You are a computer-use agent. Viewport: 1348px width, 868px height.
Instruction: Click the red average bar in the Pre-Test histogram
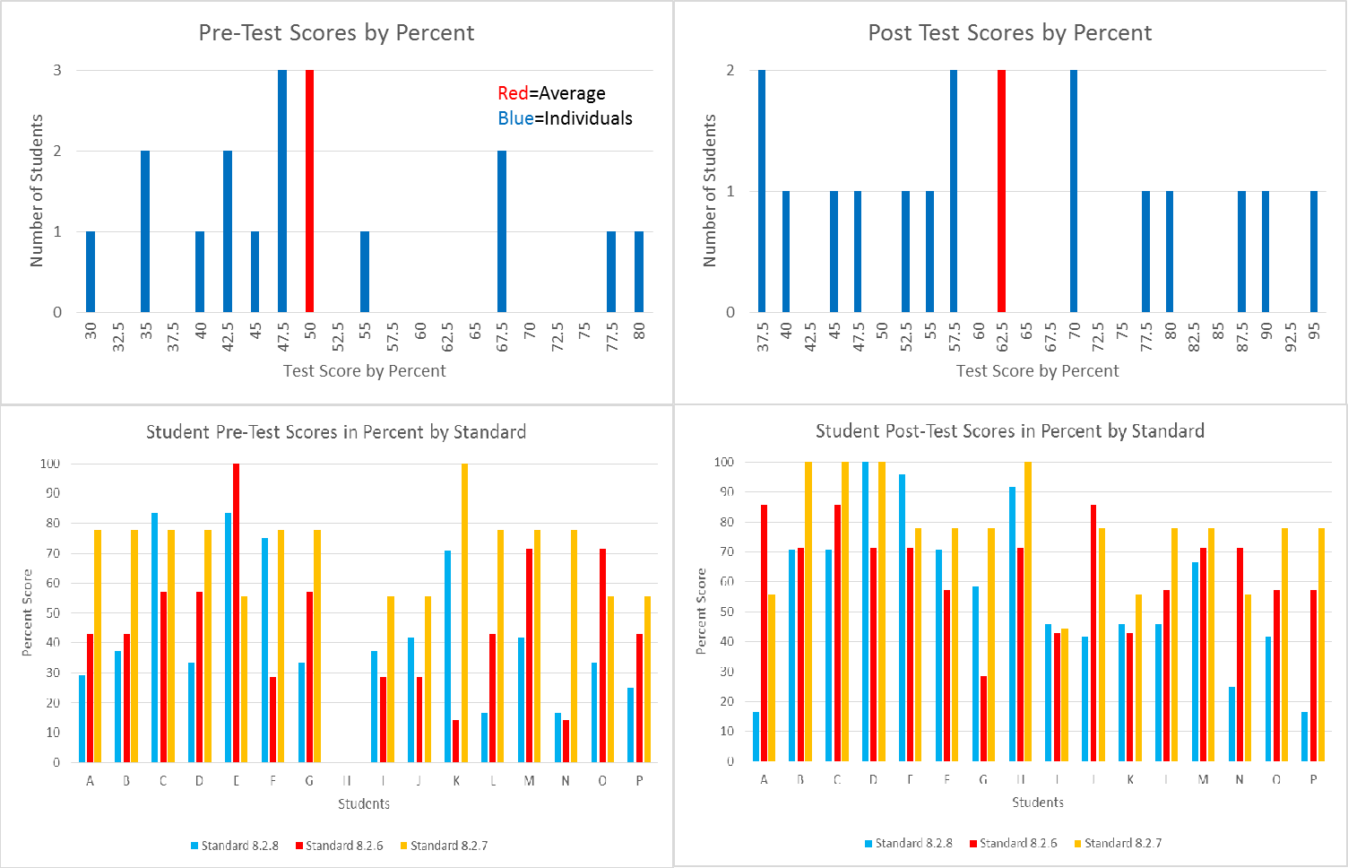click(x=309, y=191)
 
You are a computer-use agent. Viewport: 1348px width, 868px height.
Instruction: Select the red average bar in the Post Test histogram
click(x=1001, y=191)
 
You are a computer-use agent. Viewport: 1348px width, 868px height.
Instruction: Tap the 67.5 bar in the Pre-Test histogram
click(x=502, y=231)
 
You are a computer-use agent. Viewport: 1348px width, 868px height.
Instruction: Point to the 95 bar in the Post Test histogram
click(x=1314, y=251)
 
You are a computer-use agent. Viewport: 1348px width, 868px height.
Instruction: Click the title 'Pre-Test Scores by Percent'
click(x=336, y=33)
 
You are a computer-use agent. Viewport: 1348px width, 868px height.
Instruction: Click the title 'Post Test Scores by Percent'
click(x=1009, y=33)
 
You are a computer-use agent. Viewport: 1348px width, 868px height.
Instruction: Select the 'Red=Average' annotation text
click(x=551, y=93)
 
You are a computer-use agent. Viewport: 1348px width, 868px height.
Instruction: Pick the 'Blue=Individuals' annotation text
click(x=565, y=118)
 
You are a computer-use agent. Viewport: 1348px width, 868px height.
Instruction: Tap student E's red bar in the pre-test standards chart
click(x=237, y=612)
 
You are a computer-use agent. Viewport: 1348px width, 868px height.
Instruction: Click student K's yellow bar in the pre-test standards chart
click(x=464, y=612)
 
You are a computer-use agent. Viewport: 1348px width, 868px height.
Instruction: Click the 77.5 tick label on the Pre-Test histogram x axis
click(x=612, y=337)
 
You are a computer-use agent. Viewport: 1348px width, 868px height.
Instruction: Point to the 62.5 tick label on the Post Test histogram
click(x=1002, y=337)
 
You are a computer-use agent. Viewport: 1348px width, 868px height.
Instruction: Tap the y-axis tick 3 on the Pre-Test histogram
click(x=57, y=70)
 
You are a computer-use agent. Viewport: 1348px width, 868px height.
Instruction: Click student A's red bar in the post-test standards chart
click(x=765, y=633)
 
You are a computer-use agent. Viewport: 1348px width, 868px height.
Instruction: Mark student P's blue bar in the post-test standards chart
click(x=1305, y=736)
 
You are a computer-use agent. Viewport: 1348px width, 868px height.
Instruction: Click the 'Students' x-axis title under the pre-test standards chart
click(x=364, y=803)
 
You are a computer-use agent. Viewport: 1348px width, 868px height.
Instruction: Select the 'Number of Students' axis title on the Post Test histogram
click(x=710, y=190)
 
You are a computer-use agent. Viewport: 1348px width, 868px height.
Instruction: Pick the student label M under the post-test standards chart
click(x=1203, y=779)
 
